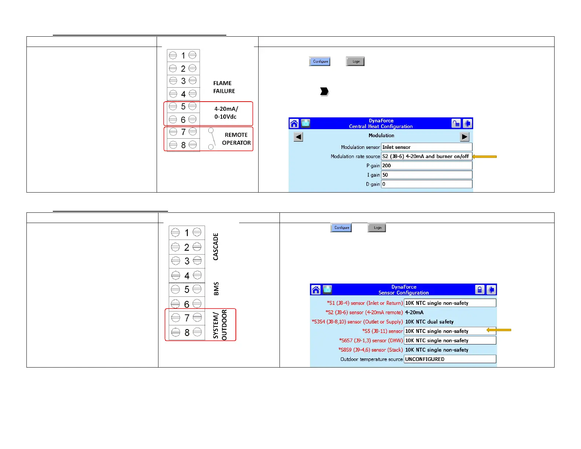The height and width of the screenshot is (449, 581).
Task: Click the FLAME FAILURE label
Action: pos(224,87)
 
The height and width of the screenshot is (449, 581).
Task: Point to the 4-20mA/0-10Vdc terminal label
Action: pos(226,113)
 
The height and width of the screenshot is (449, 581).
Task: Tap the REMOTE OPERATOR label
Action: pos(236,139)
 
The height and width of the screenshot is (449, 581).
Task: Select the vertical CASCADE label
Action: pos(216,247)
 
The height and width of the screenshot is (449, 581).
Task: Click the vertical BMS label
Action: pos(216,289)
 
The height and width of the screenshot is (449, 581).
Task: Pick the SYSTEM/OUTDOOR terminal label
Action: pos(220,325)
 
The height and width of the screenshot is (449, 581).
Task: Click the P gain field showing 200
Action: pos(426,165)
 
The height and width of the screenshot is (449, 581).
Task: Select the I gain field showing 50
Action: pos(426,175)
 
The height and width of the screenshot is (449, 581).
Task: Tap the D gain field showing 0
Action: pos(426,184)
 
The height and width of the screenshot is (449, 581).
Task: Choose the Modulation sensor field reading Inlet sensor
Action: pos(426,147)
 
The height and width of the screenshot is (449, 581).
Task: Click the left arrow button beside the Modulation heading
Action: pos(299,137)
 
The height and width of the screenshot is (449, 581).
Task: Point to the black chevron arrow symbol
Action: pos(324,91)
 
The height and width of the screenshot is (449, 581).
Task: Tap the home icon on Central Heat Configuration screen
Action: pos(294,124)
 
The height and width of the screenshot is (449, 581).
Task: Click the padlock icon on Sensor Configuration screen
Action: pos(479,290)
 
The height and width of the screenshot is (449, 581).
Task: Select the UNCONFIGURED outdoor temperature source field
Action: pos(450,359)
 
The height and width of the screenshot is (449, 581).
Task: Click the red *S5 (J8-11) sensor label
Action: pos(382,331)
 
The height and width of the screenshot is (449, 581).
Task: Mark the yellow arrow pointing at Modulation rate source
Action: pos(485,157)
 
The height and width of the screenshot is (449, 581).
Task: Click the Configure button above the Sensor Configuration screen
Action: pos(341,228)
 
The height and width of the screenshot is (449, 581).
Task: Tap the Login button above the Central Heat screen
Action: pos(355,62)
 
